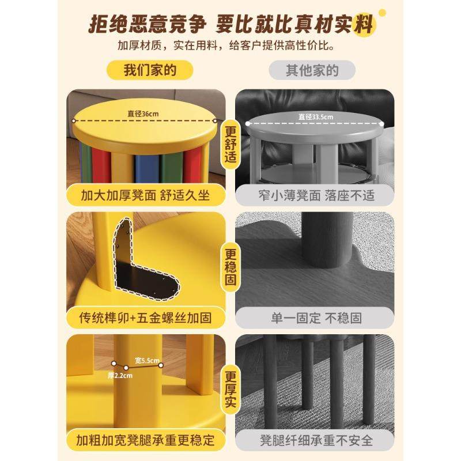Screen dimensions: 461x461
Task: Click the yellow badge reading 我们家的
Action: pyautogui.click(x=149, y=71)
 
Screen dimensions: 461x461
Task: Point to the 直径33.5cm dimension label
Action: pyautogui.click(x=315, y=117)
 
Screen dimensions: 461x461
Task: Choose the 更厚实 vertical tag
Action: pyautogui.click(x=230, y=387)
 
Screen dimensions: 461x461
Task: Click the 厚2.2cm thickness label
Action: pyautogui.click(x=120, y=375)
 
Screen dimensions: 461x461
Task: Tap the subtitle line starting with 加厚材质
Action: pyautogui.click(x=230, y=45)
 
